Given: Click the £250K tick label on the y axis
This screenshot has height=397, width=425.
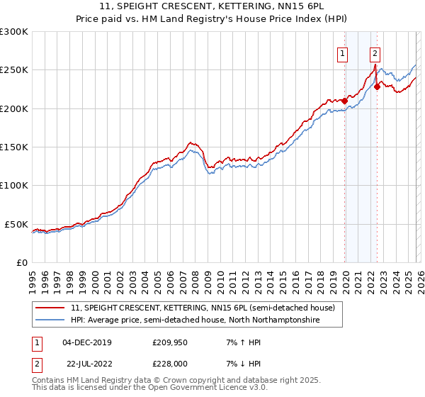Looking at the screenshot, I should (13, 70).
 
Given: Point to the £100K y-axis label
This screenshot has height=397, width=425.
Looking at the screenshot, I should (13, 185).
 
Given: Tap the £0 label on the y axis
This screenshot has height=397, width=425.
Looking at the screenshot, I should (21, 262).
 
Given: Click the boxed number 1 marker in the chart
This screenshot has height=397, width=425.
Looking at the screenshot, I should (343, 52).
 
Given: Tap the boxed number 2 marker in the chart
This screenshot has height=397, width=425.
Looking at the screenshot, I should (374, 52).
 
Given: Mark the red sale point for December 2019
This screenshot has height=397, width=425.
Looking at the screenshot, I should (344, 101).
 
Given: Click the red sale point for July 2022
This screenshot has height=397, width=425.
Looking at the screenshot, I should (377, 86).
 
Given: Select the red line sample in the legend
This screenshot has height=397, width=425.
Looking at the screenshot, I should (50, 308).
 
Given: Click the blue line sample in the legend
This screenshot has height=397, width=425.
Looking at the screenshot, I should (50, 320).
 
